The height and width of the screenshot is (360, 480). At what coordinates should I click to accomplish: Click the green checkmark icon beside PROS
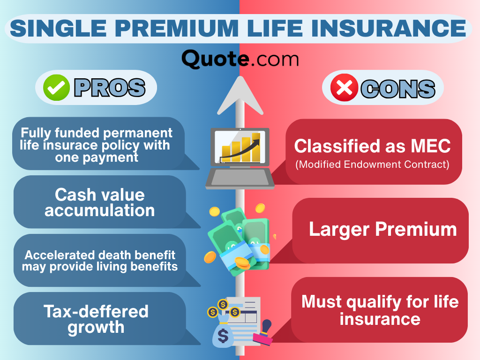[56, 88]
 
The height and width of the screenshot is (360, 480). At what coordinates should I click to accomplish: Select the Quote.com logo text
[240, 60]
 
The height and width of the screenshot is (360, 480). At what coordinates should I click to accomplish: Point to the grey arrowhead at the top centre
[240, 96]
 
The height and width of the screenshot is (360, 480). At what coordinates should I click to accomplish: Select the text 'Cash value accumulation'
[99, 202]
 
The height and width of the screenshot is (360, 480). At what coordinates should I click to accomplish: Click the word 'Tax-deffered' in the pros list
[96, 311]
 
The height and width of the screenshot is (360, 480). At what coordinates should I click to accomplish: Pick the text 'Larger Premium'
[382, 229]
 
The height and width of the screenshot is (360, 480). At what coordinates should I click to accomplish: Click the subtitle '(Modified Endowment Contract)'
[372, 165]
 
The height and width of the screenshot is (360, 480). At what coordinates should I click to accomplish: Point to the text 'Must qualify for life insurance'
[380, 310]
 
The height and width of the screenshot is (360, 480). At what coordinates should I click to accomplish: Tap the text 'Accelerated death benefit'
[100, 255]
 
